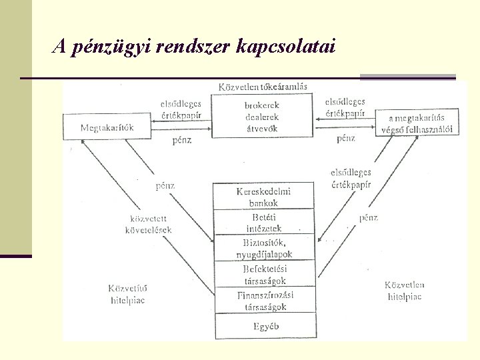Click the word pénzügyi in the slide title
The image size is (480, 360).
pyautogui.click(x=111, y=47)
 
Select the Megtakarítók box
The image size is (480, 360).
pyautogui.click(x=107, y=127)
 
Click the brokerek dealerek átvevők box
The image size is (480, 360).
pyautogui.click(x=262, y=115)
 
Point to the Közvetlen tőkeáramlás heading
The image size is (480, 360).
pyautogui.click(x=263, y=87)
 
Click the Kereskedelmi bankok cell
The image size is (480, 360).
pyautogui.click(x=263, y=197)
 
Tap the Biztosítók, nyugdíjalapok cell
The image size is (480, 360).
pyautogui.click(x=263, y=249)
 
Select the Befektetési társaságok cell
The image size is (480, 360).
pyautogui.click(x=263, y=275)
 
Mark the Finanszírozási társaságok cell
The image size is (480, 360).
pyautogui.click(x=263, y=301)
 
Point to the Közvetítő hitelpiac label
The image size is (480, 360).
pyautogui.click(x=127, y=294)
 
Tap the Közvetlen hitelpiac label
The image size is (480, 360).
pyautogui.click(x=405, y=291)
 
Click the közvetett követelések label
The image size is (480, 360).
pyautogui.click(x=148, y=224)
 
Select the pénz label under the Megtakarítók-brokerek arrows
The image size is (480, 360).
pyautogui.click(x=182, y=140)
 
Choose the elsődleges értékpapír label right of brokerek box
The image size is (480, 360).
pyautogui.click(x=345, y=107)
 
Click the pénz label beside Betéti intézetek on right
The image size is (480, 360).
pyautogui.click(x=368, y=217)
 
